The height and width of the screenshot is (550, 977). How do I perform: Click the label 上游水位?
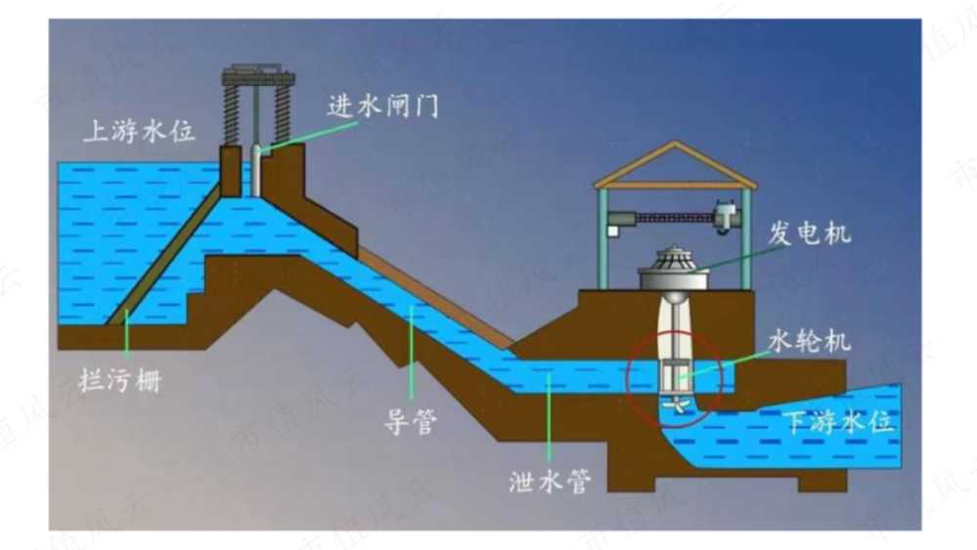[140, 132]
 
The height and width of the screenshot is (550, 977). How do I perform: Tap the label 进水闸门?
[383, 106]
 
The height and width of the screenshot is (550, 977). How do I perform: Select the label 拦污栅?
[120, 380]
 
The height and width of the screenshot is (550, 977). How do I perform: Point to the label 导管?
[410, 422]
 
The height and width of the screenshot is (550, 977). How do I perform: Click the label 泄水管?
[550, 481]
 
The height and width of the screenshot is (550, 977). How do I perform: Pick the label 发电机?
[810, 233]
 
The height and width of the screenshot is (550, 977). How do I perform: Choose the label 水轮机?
[810, 341]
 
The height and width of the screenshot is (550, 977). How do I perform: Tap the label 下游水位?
[839, 422]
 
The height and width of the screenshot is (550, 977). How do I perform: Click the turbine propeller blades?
[676, 405]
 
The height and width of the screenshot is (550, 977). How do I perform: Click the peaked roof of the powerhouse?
[675, 164]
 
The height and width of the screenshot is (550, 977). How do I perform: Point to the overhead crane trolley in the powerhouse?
[727, 217]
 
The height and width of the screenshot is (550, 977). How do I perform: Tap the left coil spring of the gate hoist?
[231, 114]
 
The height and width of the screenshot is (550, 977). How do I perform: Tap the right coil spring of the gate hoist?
[283, 114]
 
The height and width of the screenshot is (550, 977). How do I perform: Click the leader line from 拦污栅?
[127, 334]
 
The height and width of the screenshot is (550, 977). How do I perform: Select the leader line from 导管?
[411, 352]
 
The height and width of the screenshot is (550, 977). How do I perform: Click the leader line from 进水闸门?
[308, 136]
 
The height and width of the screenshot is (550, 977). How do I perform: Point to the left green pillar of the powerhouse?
[602, 238]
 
